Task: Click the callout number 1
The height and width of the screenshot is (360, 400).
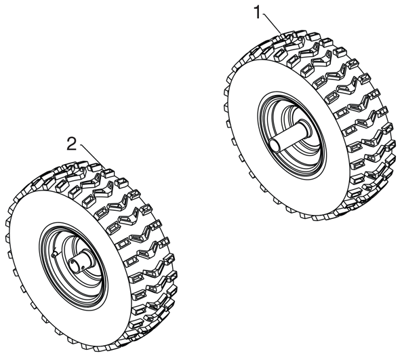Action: [258, 12]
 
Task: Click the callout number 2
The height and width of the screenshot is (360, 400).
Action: [72, 143]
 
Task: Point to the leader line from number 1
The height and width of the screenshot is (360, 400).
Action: [273, 24]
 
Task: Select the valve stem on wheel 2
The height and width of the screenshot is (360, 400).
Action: [54, 253]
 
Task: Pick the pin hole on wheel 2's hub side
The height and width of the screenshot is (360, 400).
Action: [83, 266]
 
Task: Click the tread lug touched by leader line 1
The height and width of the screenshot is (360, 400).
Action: [283, 37]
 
